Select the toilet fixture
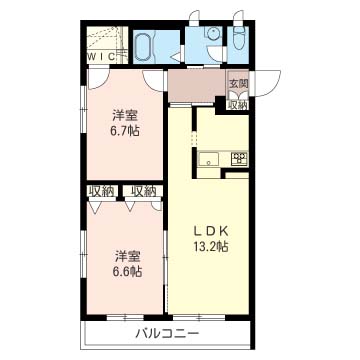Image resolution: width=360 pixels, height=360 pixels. pyautogui.click(x=238, y=43)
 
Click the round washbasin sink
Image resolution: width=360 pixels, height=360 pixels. pyautogui.click(x=212, y=34)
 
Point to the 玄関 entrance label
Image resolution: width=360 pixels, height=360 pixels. pyautogui.click(x=238, y=84)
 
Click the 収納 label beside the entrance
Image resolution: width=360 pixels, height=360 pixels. pyautogui.click(x=238, y=104)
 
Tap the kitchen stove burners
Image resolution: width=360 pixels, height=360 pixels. pyautogui.click(x=238, y=156)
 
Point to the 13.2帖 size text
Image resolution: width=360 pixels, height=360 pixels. pyautogui.click(x=211, y=245)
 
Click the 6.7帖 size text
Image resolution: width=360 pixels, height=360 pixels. pyautogui.click(x=126, y=131)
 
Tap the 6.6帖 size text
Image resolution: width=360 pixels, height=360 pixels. pyautogui.click(x=126, y=271)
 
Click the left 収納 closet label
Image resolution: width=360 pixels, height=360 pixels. pyautogui.click(x=101, y=190)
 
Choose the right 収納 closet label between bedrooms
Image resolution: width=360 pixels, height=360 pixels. pyautogui.click(x=143, y=190)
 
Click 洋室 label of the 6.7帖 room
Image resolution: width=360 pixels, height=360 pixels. pyautogui.click(x=125, y=114)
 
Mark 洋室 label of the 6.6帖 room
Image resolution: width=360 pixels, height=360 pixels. pyautogui.click(x=125, y=254)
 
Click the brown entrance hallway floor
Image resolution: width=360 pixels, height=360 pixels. pyautogui.click(x=195, y=87)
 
